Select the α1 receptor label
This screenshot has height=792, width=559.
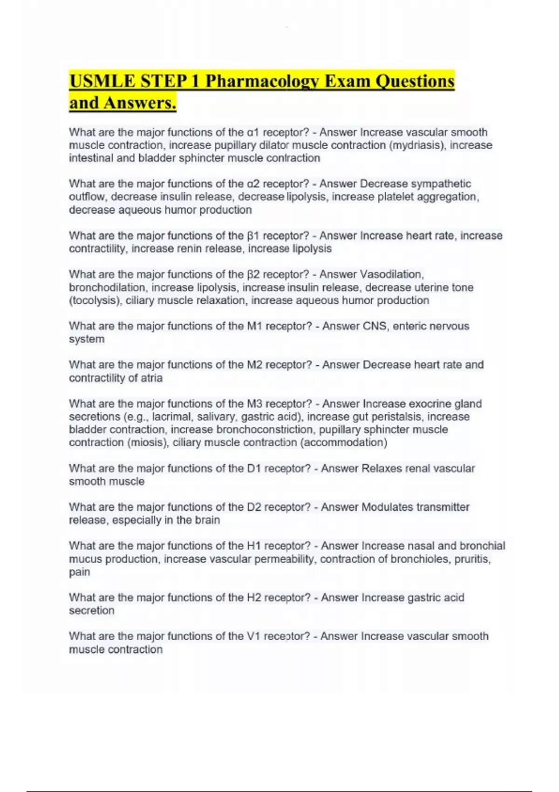point(252,132)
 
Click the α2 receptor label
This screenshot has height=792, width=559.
point(252,184)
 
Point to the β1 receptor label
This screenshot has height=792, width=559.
point(252,236)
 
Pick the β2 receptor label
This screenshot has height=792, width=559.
point(252,274)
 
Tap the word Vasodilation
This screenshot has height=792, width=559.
point(392,274)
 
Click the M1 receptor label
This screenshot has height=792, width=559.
point(254,326)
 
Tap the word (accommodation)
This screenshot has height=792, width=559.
point(344,443)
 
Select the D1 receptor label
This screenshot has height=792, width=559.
point(253,468)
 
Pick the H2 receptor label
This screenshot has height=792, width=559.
point(254,597)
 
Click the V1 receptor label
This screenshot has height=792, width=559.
point(253,636)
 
